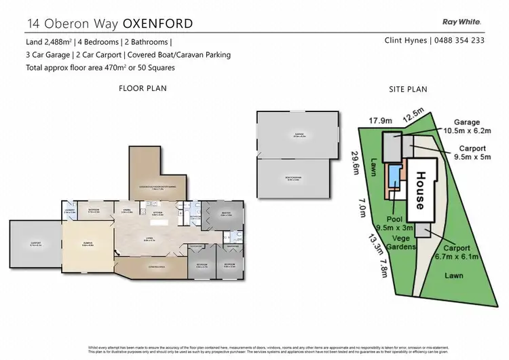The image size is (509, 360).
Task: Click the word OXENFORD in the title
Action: click(x=158, y=24)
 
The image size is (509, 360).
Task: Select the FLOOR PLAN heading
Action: click(x=143, y=88)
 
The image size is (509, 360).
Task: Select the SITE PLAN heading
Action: click(x=407, y=89)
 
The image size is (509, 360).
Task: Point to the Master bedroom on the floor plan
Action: click(x=227, y=215)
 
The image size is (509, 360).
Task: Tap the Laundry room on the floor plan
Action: click(x=69, y=213)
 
